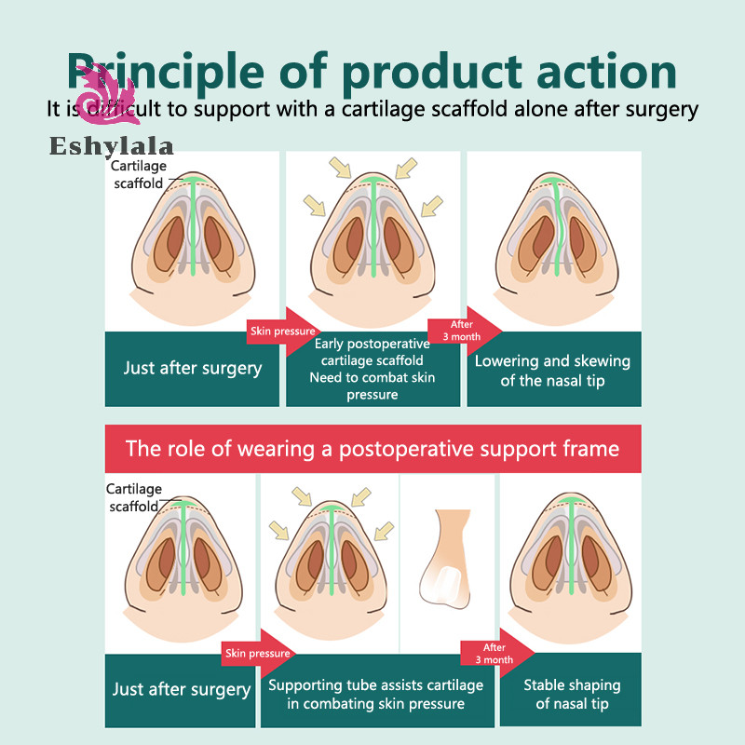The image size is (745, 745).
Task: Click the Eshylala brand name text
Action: pos(112,146)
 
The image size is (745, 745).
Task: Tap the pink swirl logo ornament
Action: pos(108,95)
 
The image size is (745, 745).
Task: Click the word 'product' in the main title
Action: pos(431,73)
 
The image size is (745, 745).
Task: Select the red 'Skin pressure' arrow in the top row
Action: pos(284,332)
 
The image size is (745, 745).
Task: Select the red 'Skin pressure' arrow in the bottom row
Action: pos(259,654)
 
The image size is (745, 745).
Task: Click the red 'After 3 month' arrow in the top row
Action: pos(465,331)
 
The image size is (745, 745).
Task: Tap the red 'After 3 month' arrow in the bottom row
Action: pos(497,654)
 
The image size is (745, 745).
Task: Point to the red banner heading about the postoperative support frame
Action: pos(372,449)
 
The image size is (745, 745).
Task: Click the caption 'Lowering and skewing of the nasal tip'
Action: pos(552,371)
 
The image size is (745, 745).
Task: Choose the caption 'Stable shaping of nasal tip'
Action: pos(572,694)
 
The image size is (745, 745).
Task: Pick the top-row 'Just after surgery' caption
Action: pos(193,368)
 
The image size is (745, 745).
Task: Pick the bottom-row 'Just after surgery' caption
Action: pos(181,689)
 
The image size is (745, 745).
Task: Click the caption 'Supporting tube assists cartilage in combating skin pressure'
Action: pos(376,694)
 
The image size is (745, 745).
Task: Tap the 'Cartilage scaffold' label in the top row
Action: pos(139,174)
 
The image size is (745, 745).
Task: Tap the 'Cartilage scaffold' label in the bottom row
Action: pos(134,497)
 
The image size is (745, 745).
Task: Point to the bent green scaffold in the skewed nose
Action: pos(557,227)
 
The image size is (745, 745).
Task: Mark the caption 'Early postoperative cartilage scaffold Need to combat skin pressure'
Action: pos(372,369)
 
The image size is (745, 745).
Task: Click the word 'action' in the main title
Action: pos(607,73)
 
